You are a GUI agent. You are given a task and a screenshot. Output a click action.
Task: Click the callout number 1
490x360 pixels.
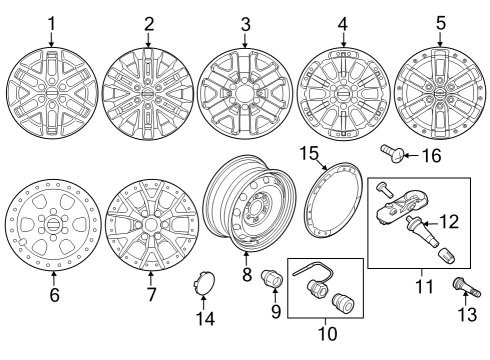[x=51, y=22]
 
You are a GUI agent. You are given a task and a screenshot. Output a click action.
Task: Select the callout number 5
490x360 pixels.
[x=440, y=22]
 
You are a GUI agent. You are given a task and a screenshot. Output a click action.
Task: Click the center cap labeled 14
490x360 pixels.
[x=203, y=286]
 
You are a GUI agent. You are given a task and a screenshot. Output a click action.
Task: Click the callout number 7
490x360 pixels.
[x=151, y=296]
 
